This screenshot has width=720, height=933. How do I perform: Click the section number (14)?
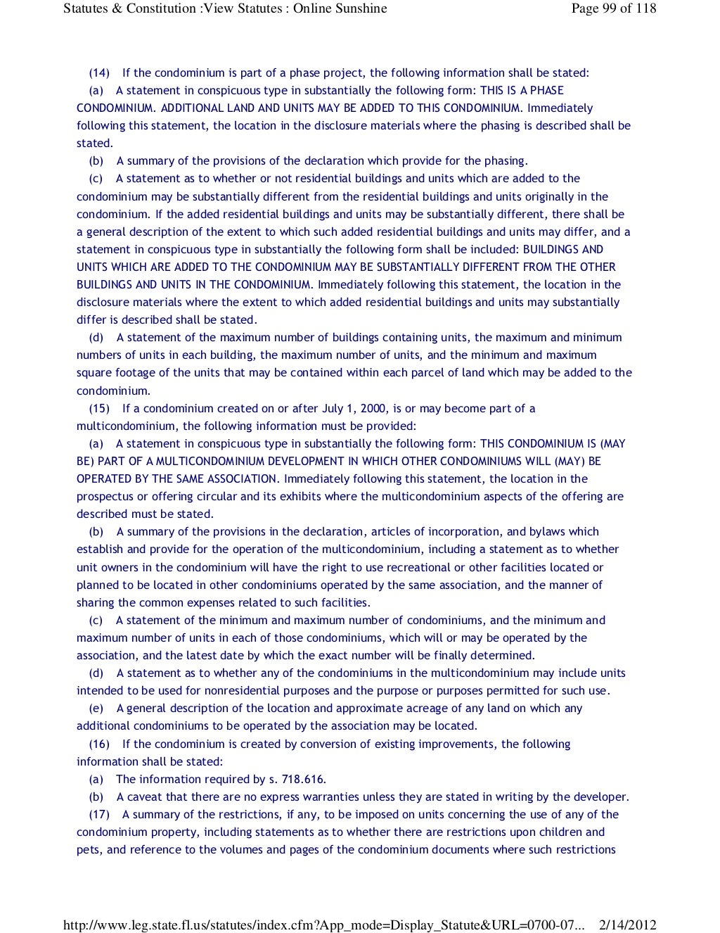(x=99, y=73)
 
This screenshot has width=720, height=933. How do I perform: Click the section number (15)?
(x=99, y=409)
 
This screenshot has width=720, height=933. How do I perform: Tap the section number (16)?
(x=99, y=744)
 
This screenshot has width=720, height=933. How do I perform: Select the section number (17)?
(x=99, y=815)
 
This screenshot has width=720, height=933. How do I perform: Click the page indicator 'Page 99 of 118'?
(x=614, y=8)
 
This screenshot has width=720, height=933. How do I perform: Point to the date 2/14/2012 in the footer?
(x=627, y=925)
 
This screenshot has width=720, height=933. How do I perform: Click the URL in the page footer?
(x=323, y=925)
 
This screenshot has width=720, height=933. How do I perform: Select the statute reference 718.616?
(x=304, y=780)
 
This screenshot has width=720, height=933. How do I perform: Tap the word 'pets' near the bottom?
(x=89, y=850)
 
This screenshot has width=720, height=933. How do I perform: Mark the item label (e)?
(x=96, y=709)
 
